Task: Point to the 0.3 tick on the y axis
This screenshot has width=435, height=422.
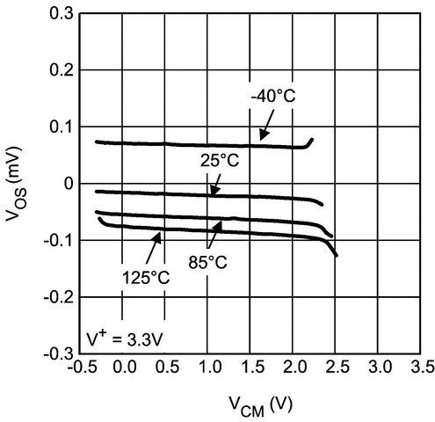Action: [60, 14]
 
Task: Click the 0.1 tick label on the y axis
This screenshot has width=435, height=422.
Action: [60, 127]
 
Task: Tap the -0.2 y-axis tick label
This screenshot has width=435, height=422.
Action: [56, 296]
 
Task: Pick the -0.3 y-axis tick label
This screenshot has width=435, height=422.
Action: [56, 353]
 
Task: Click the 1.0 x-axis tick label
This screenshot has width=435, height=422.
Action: [207, 366]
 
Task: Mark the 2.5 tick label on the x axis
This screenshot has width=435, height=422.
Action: [336, 366]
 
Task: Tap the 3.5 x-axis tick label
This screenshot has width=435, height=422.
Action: [420, 366]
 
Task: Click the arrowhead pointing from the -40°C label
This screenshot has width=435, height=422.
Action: [262, 139]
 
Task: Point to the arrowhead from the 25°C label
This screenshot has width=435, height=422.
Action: [211, 193]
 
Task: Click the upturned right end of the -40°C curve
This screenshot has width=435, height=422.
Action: [312, 140]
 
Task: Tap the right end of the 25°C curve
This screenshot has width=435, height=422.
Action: [322, 204]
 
